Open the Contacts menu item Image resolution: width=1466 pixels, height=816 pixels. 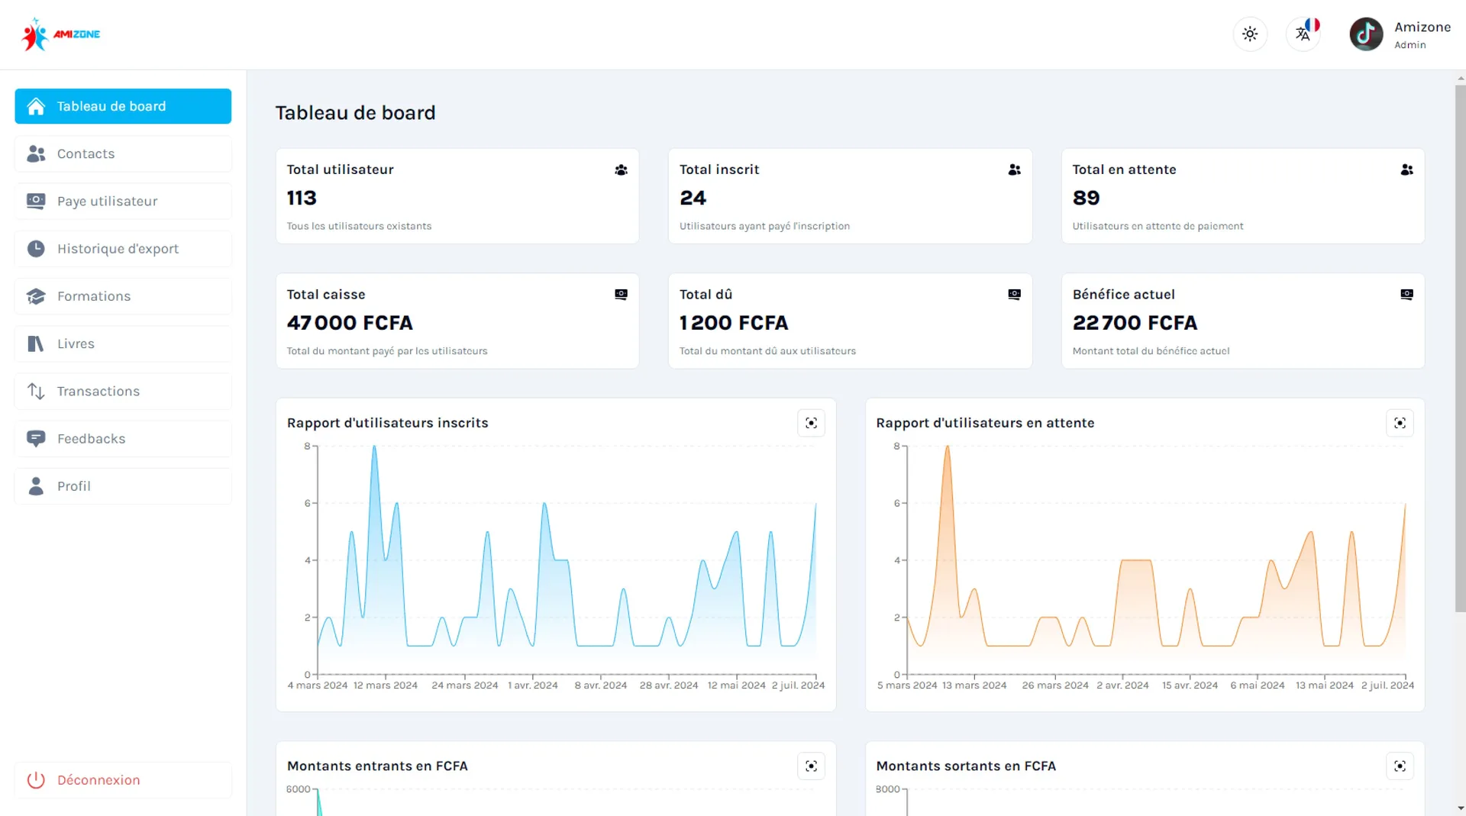pos(123,153)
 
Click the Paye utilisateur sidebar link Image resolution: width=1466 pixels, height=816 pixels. pos(123,201)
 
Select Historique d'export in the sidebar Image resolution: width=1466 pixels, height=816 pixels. pos(123,249)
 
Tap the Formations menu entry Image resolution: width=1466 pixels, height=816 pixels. pos(123,296)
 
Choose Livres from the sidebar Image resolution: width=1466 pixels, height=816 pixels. pos(123,343)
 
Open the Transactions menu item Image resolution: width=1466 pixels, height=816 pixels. pos(123,391)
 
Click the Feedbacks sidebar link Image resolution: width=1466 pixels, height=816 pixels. pos(123,439)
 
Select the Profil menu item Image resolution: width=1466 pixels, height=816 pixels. pos(123,486)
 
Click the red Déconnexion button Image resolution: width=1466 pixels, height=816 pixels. pos(123,780)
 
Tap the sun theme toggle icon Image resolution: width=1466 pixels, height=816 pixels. pos(1250,34)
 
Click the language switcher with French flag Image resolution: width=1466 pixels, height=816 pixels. pos(1303,34)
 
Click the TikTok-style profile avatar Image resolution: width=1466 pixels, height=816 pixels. pos(1366,34)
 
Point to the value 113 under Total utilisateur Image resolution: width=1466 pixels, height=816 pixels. pos(302,198)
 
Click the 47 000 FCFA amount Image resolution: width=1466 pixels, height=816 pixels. pos(350,323)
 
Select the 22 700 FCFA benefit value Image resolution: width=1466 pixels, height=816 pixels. pos(1135,323)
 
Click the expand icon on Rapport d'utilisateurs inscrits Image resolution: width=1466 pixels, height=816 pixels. pos(811,423)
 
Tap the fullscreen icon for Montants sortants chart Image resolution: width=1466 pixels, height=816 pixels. pos(1400,766)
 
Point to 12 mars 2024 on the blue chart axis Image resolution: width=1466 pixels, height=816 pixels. pos(386,685)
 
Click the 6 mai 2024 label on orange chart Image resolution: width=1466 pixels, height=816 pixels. pos(1258,685)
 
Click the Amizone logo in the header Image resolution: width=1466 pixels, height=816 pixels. pos(61,34)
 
